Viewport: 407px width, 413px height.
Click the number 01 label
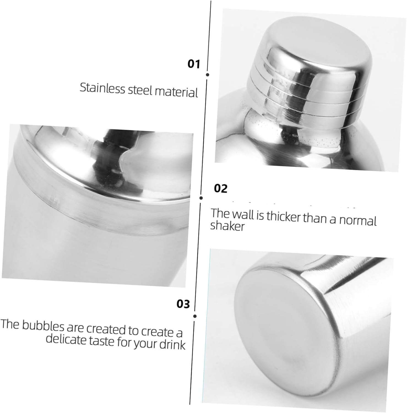(x=194, y=64)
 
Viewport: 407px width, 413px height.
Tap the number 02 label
(x=221, y=189)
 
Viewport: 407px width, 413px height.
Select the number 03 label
(x=183, y=304)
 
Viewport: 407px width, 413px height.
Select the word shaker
(x=227, y=226)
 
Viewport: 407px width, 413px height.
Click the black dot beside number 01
(x=207, y=75)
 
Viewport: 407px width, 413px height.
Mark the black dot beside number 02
(x=201, y=198)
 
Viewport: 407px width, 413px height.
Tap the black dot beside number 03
(x=195, y=316)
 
